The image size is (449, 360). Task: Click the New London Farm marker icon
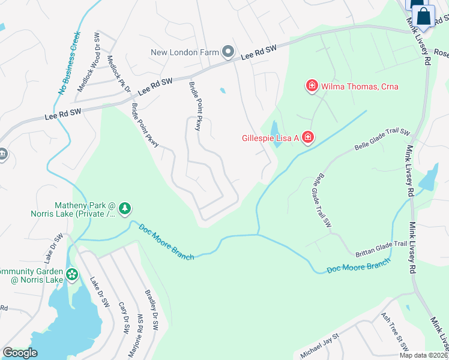[228, 53]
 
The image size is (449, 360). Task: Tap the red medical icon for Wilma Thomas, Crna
[312, 86]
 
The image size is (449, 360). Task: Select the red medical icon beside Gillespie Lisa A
[307, 139]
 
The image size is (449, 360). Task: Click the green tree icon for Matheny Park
[124, 208]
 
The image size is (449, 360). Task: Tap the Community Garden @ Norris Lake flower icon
[72, 275]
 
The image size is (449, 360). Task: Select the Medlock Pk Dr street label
[119, 74]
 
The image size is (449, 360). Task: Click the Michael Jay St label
[320, 346]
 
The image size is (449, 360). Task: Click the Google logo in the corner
[20, 353]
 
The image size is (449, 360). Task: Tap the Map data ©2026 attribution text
[423, 355]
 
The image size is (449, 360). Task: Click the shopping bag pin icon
[424, 16]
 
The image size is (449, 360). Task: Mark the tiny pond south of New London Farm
[223, 91]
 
